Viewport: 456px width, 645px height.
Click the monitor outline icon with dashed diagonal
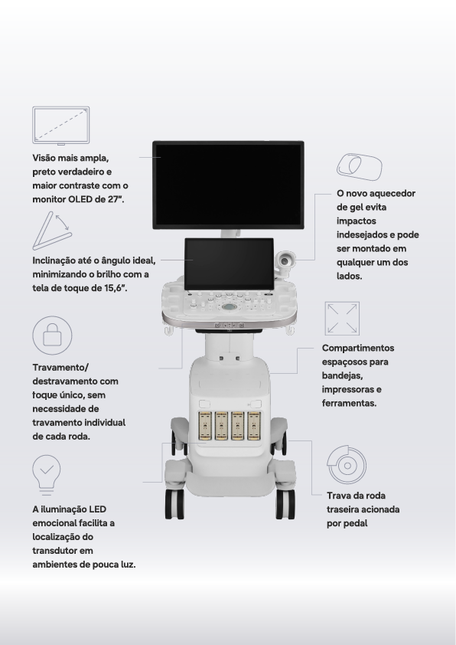click(x=60, y=126)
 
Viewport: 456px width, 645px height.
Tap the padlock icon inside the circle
click(x=52, y=336)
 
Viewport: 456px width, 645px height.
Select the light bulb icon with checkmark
click(x=47, y=475)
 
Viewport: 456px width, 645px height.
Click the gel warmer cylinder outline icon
click(x=359, y=166)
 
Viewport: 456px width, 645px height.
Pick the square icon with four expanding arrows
click(x=342, y=319)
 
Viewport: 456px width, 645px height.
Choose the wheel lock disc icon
click(x=347, y=465)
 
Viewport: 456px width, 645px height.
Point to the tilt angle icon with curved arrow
click(x=52, y=231)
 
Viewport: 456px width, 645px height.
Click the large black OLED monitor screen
click(x=229, y=185)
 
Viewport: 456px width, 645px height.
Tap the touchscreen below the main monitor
click(x=230, y=264)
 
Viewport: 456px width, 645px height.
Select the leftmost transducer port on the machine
click(x=204, y=425)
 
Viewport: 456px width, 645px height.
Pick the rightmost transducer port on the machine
click(x=254, y=425)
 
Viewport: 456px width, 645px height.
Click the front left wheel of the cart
click(x=174, y=504)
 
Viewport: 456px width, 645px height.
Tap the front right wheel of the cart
click(x=285, y=504)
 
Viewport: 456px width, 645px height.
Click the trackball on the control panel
click(x=230, y=307)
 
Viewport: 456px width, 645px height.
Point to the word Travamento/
click(x=60, y=368)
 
